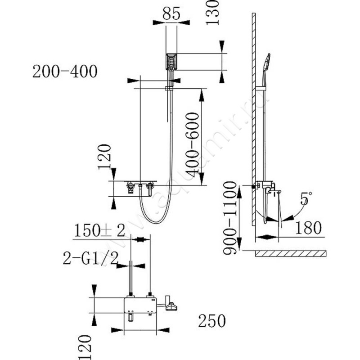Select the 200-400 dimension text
65,71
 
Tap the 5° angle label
306,198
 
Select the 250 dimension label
211,321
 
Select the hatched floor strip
290,254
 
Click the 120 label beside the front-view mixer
104,157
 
